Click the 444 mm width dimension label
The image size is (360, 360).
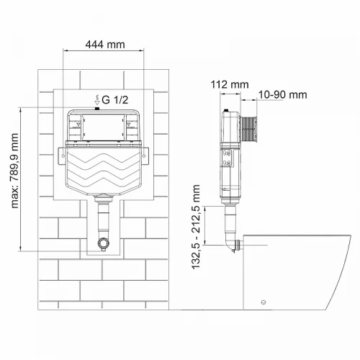coord(105,45)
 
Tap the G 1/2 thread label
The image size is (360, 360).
coord(115,100)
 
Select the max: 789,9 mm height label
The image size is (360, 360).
coord(14,171)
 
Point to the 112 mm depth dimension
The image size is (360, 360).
coord(230,84)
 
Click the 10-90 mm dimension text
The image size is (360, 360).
coord(282,95)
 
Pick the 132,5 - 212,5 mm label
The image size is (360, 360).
coord(196,227)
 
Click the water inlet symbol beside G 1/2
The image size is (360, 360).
coord(97,100)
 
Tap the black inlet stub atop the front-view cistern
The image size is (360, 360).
coord(97,109)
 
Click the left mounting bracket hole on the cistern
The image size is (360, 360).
coord(63,156)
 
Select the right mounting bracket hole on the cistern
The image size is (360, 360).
coord(144,156)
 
